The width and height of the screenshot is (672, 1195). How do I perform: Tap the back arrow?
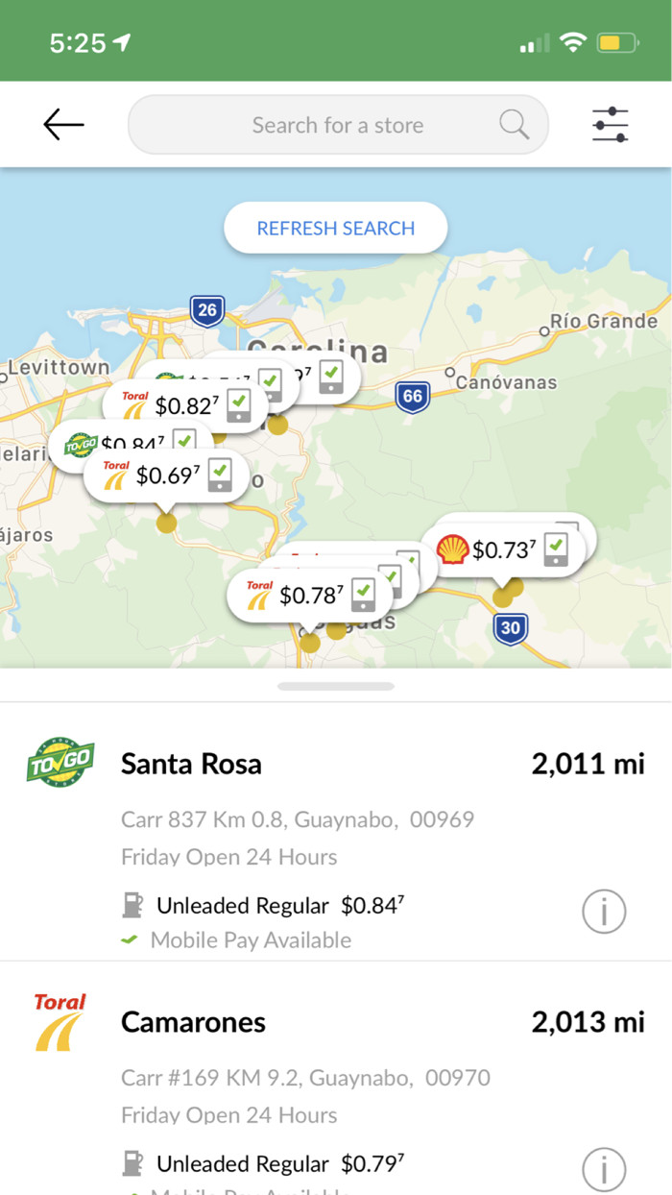point(63,124)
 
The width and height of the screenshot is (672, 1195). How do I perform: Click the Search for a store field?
point(336,125)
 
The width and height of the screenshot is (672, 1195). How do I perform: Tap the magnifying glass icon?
point(514,124)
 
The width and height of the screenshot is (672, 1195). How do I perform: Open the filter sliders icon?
point(610,125)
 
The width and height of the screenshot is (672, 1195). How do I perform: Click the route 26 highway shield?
point(206,309)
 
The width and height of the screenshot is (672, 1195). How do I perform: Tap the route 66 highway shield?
point(412,395)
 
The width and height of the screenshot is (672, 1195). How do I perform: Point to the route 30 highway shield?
point(511,628)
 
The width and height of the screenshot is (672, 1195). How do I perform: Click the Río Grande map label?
point(603,321)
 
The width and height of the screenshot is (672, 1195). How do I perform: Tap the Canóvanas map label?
point(505,382)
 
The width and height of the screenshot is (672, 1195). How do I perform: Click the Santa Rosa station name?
point(191,764)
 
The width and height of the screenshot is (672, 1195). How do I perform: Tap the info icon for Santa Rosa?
point(604,911)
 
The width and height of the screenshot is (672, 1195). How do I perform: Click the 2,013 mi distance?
point(588,1022)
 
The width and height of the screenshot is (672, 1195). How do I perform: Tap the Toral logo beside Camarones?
point(60,1022)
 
